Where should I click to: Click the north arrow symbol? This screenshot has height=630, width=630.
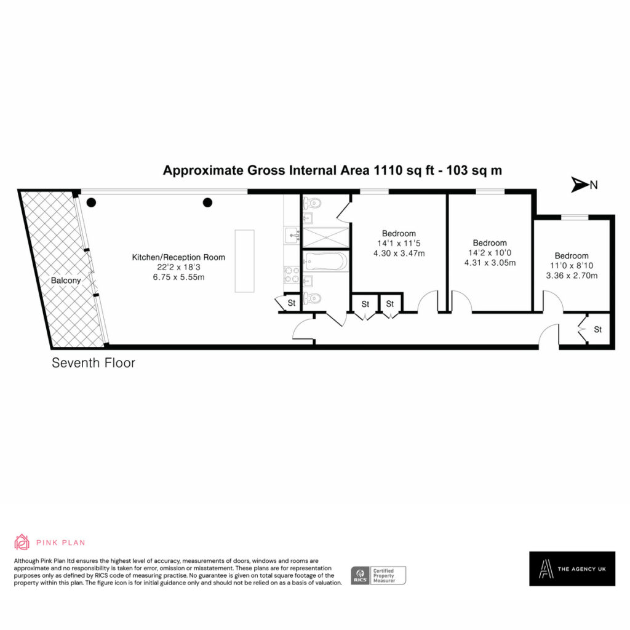coord(580,185)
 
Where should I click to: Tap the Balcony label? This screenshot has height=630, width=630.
coord(66,281)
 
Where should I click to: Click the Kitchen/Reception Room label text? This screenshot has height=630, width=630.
coord(178,257)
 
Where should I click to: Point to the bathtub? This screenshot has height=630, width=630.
coord(326,261)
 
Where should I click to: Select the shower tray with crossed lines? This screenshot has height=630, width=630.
coord(325,237)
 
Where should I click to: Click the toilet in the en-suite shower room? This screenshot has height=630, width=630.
coord(312,203)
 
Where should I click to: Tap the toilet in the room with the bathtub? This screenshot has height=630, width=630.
coord(312,298)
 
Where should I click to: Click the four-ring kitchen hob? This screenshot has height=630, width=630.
coord(292,274)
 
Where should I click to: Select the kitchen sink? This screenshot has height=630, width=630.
coord(292,235)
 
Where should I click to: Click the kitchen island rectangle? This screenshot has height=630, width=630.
coord(245,261)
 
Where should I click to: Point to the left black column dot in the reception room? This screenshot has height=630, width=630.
coord(91,202)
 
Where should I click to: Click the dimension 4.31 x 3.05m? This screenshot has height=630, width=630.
coord(490,263)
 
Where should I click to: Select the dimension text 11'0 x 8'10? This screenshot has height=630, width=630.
coord(572,266)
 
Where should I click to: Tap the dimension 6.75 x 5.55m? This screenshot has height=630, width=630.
coord(178,277)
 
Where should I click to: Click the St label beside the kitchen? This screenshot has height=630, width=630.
coord(292,303)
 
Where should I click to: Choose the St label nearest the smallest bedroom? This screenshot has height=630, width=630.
coord(598,330)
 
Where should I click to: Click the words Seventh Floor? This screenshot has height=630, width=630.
coord(94,363)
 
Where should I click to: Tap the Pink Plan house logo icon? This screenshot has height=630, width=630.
coord(22,542)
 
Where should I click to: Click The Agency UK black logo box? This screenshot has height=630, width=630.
coord(572,568)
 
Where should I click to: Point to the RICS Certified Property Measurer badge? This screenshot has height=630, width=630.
coord(378,575)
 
